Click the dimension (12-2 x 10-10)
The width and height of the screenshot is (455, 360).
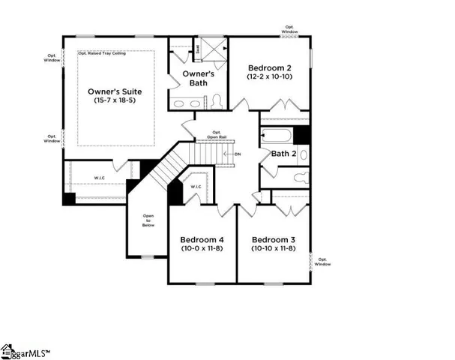coord(269,76)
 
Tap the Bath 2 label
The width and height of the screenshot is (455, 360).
coord(283,154)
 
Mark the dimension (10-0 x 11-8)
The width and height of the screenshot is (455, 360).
coord(200,247)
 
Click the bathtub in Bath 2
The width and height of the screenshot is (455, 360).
coord(275,136)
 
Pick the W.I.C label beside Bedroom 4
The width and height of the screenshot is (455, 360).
coord(196,187)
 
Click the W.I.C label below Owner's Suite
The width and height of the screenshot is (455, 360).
coord(99,178)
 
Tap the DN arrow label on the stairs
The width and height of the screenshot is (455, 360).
coord(238,154)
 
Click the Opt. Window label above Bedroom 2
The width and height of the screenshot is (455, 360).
coord(290,28)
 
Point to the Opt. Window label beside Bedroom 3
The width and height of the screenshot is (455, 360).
coord(322,262)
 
